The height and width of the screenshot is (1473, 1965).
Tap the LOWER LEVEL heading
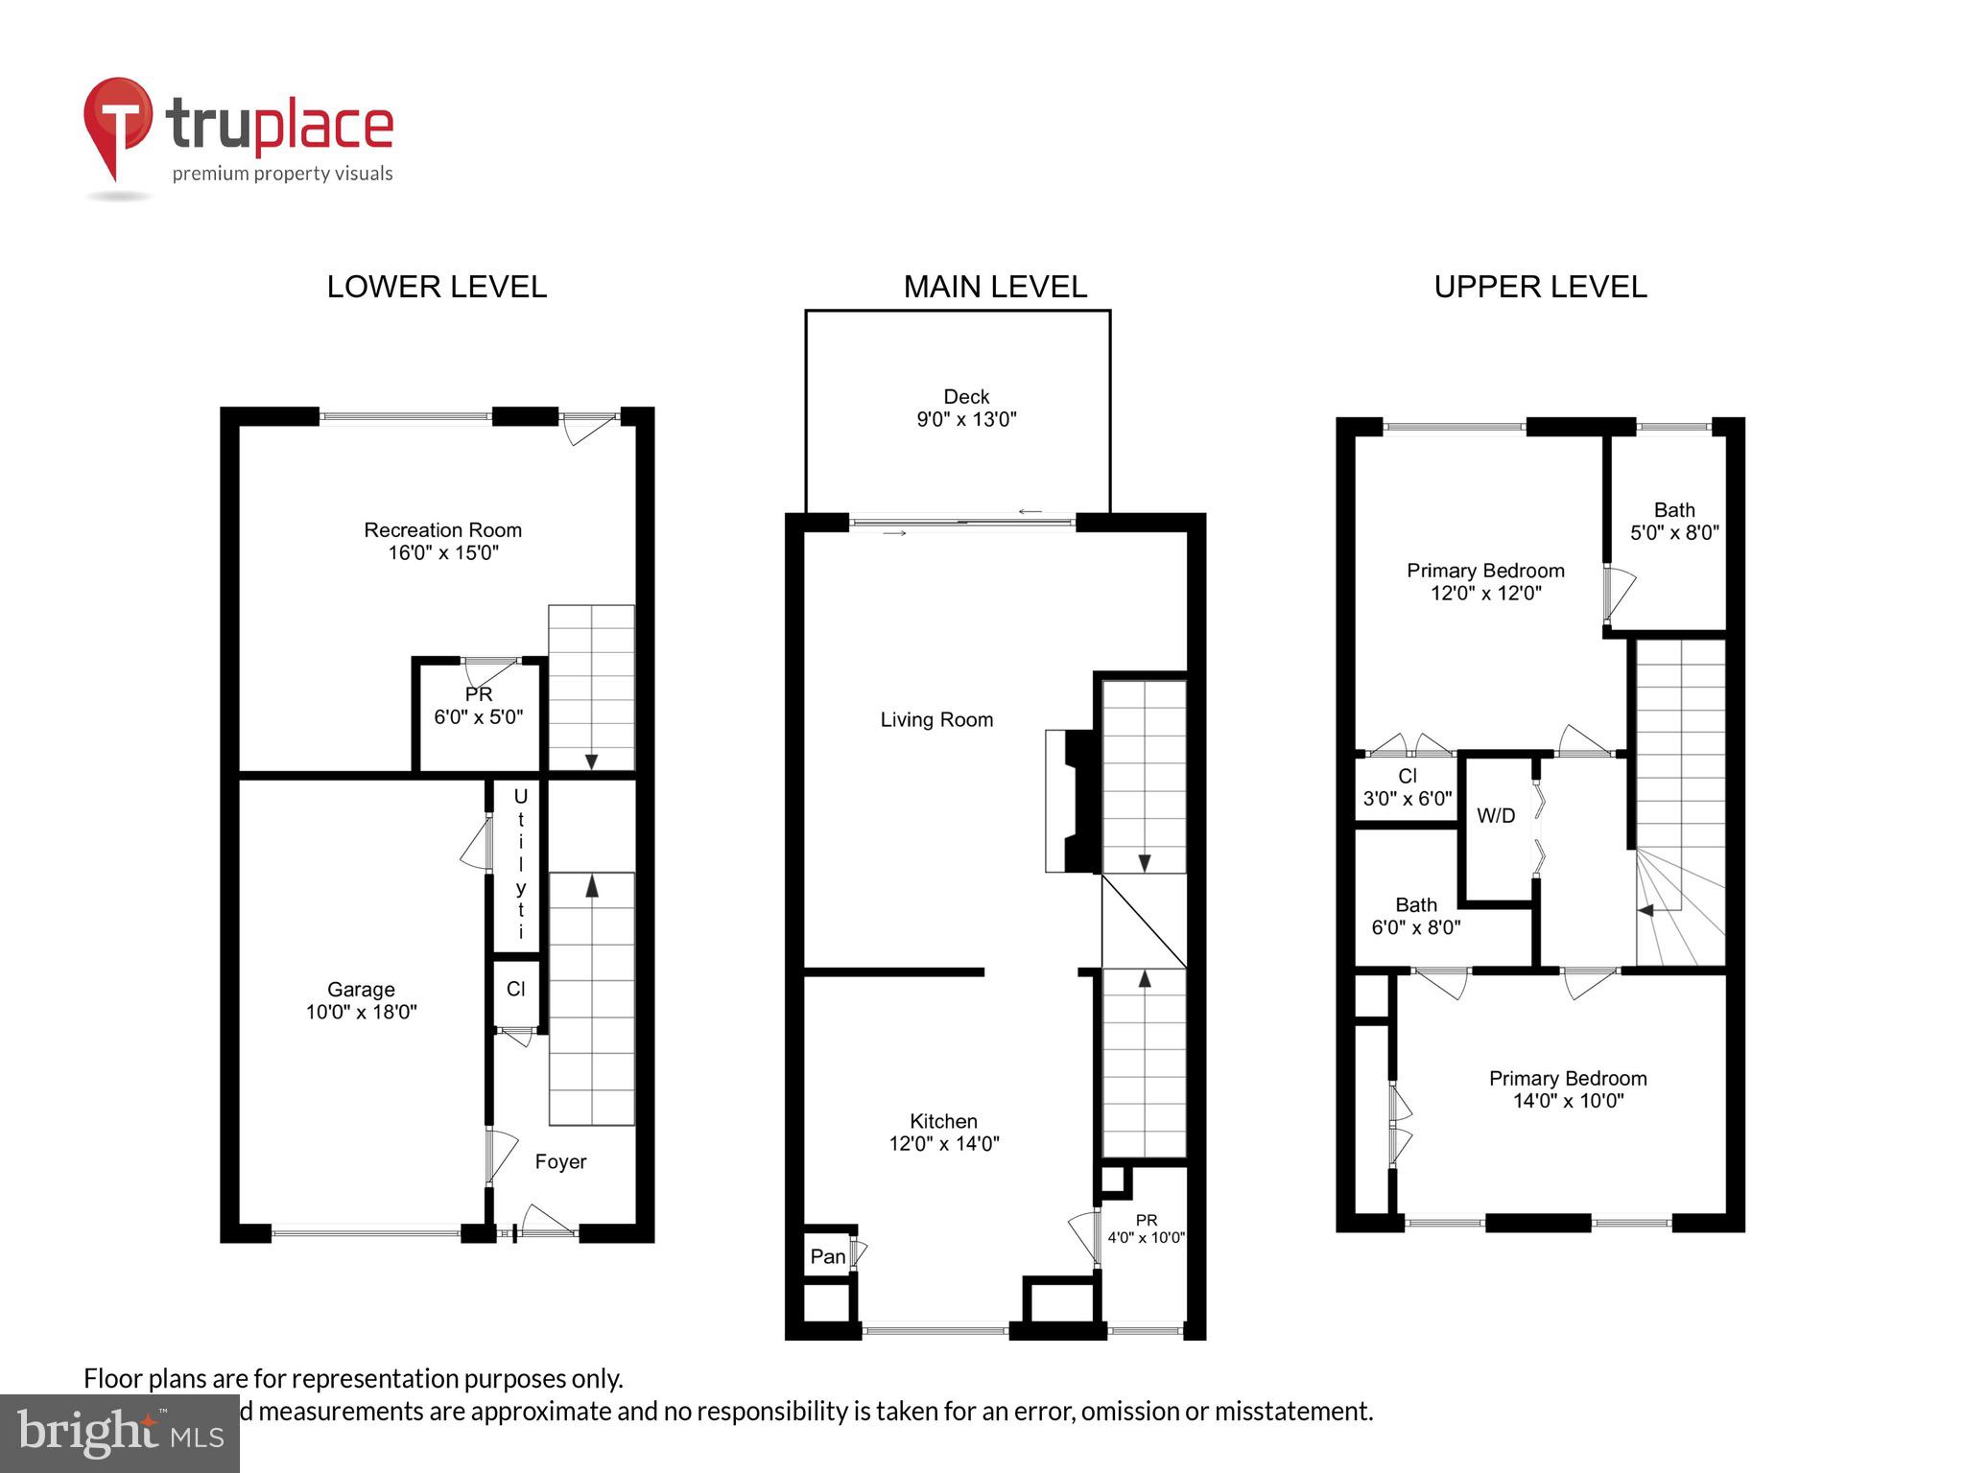click(437, 287)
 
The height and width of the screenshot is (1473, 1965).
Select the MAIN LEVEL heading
click(995, 287)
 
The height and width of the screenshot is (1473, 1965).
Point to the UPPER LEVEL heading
click(1540, 287)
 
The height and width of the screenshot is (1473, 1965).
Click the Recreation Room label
click(442, 530)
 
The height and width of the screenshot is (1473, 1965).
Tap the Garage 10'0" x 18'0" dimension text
click(361, 1012)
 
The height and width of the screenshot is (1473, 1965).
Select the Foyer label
click(560, 1161)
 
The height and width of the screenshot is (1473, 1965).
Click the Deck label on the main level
click(966, 397)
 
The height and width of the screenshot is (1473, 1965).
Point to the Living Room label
click(936, 719)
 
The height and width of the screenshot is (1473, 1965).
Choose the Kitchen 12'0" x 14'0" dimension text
click(944, 1143)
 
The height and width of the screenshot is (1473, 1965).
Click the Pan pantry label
click(828, 1256)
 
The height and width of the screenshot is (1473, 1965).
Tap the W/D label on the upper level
click(1496, 816)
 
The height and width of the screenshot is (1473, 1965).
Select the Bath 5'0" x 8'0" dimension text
click(1674, 532)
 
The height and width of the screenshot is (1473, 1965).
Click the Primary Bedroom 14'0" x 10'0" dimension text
click(1568, 1101)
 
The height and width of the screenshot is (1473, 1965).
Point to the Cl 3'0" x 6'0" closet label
click(1407, 787)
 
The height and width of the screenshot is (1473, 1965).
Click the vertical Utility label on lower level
click(520, 863)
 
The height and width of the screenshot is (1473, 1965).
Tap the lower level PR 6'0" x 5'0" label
click(478, 706)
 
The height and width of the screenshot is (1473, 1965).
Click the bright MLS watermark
click(120, 1433)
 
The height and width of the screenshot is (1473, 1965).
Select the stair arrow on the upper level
click(1645, 910)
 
